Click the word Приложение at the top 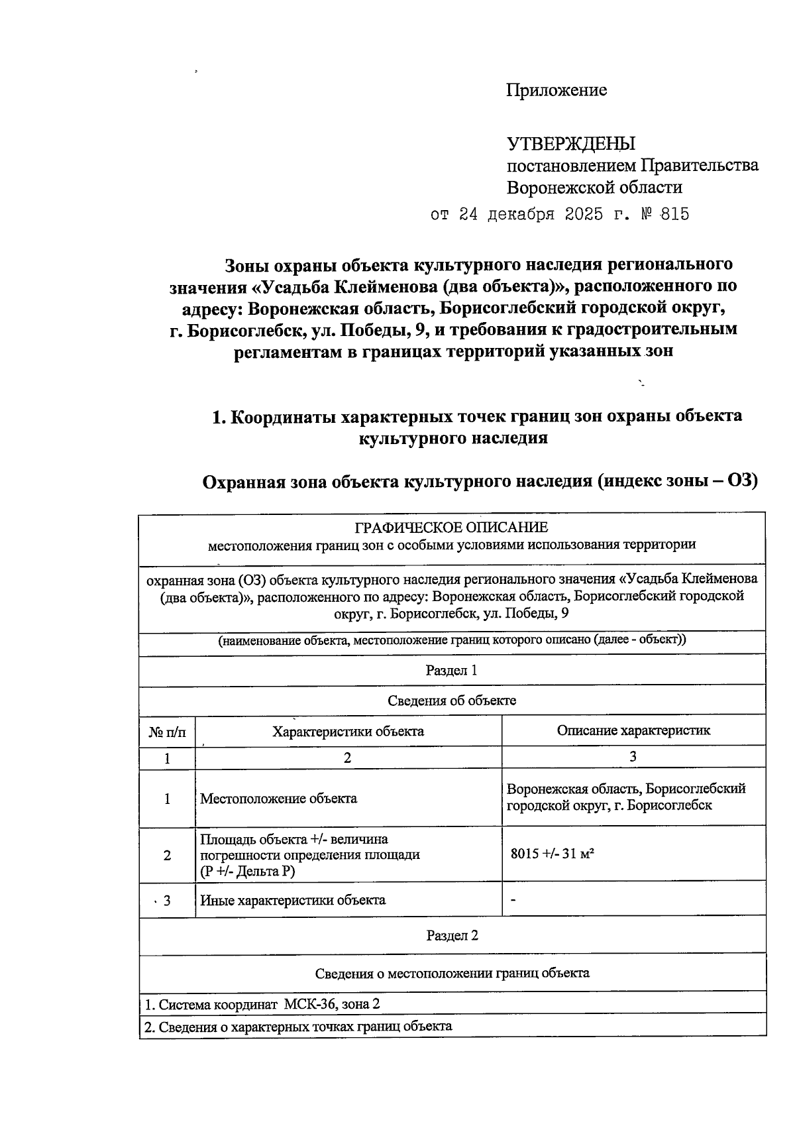coord(556,90)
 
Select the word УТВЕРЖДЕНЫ coord(571,143)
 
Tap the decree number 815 coord(674,215)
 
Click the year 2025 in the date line coord(584,215)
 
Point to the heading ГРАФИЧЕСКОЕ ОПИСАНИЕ coord(452,528)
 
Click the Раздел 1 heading coord(452,670)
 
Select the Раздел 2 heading coord(452,935)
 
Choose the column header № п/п coord(167,732)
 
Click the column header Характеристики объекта coord(348,732)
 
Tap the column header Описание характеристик coord(633,730)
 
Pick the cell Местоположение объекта coord(278,799)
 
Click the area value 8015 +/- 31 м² coord(552,854)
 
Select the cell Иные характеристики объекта coord(293,900)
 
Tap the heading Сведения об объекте coord(452,701)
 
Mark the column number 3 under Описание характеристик coord(633,757)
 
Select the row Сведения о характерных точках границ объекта coord(298,1027)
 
